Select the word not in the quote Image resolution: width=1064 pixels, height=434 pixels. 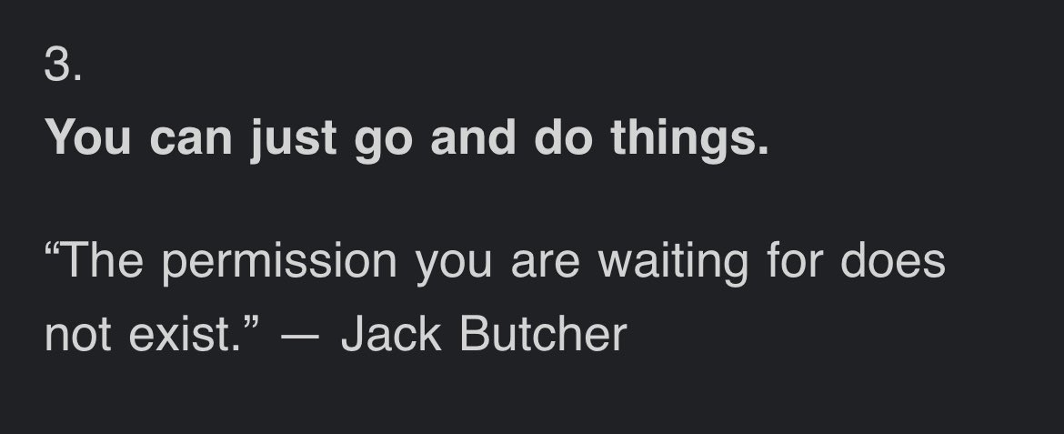[78, 335]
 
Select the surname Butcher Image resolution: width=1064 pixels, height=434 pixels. [543, 335]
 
